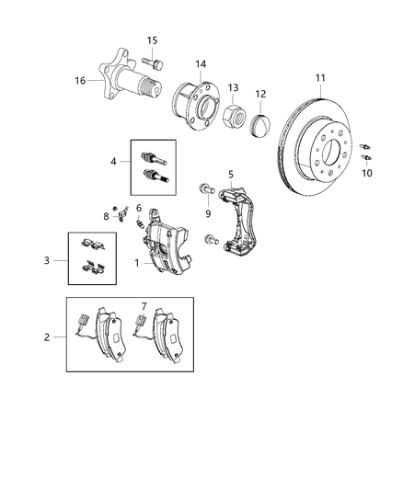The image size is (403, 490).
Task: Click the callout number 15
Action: pyautogui.click(x=153, y=40)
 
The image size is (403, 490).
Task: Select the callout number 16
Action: pyautogui.click(x=81, y=81)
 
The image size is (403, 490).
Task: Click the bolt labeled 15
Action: pyautogui.click(x=153, y=63)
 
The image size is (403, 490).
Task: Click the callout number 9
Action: pyautogui.click(x=208, y=213)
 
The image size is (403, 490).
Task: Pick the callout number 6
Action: pyautogui.click(x=139, y=209)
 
